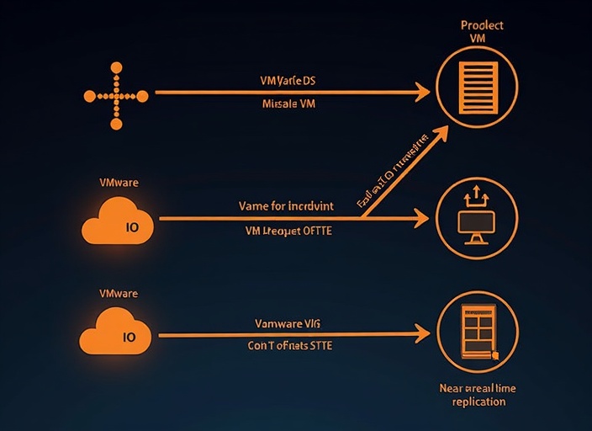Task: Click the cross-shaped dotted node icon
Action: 116,95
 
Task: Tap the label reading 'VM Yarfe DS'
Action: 288,81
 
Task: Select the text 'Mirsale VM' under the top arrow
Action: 288,105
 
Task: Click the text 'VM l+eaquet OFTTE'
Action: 288,230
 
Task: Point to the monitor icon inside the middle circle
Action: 476,223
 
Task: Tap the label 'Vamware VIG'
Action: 288,323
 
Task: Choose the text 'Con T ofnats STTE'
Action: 288,346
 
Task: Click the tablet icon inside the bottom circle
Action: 474,333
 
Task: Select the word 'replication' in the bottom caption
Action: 478,402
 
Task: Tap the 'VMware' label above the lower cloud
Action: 119,294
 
